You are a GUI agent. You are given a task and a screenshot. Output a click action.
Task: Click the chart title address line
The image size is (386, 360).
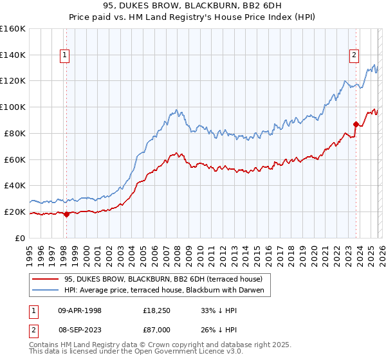[193, 6]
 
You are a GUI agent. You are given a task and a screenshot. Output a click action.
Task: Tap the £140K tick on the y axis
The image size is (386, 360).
[13, 55]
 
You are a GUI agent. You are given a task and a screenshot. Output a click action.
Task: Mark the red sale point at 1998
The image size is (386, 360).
[66, 214]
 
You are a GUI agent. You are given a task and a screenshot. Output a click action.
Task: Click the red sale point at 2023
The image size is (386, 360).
[356, 124]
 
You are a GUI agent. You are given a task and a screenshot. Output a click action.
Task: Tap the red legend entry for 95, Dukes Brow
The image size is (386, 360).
[163, 280]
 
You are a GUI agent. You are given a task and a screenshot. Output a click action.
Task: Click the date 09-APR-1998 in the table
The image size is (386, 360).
[80, 310]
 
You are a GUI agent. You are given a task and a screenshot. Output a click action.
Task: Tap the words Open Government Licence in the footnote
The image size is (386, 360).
[173, 353]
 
